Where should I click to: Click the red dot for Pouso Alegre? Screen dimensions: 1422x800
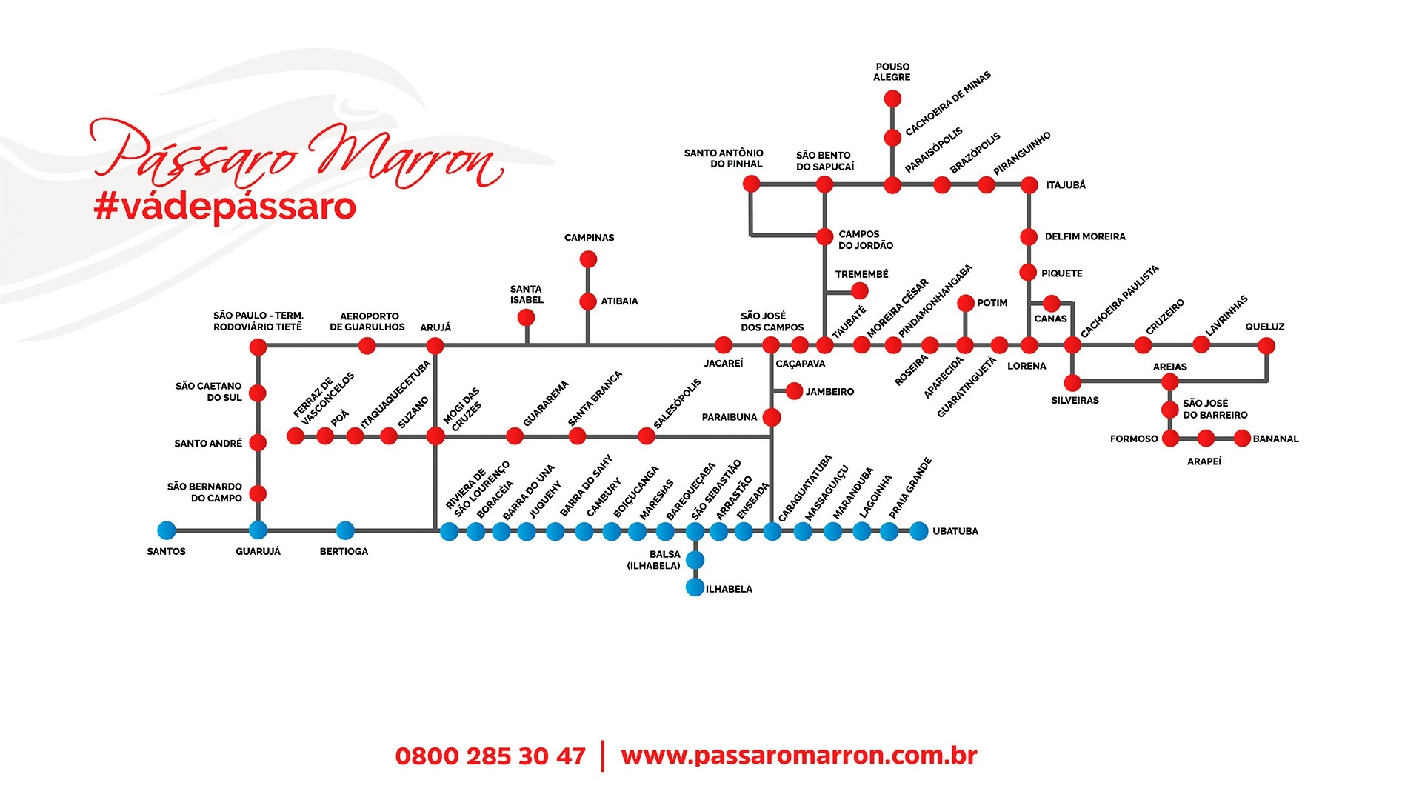pyautogui.click(x=892, y=99)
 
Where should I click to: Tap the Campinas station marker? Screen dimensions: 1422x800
pyautogui.click(x=588, y=259)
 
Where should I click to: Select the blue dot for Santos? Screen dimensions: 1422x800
pyautogui.click(x=167, y=530)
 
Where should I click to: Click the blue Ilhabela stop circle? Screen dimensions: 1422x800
pyautogui.click(x=695, y=587)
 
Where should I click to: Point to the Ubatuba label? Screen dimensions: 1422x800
pyautogui.click(x=955, y=531)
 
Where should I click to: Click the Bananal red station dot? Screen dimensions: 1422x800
pyautogui.click(x=1242, y=438)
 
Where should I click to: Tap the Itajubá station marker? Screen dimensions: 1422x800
pyautogui.click(x=1029, y=184)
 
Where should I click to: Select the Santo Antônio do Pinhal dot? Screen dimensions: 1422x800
pyautogui.click(x=751, y=184)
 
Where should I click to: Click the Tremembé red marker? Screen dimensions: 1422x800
pyautogui.click(x=859, y=290)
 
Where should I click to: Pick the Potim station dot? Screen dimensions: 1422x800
pyautogui.click(x=965, y=303)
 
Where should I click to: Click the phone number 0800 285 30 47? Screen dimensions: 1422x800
pyautogui.click(x=490, y=756)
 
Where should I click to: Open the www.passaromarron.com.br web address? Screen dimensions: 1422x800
pyautogui.click(x=799, y=756)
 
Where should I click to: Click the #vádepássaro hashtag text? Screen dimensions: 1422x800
pyautogui.click(x=225, y=207)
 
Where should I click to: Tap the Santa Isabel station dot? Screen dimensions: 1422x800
pyautogui.click(x=526, y=318)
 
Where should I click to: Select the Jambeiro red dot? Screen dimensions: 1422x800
pyautogui.click(x=794, y=391)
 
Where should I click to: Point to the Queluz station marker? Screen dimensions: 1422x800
pyautogui.click(x=1266, y=345)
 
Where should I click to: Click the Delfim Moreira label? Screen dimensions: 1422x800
pyautogui.click(x=1085, y=236)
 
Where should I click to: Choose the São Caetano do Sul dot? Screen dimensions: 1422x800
pyautogui.click(x=258, y=393)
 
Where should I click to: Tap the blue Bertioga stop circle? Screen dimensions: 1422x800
pyautogui.click(x=345, y=530)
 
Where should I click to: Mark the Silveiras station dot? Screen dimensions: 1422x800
pyautogui.click(x=1072, y=382)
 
